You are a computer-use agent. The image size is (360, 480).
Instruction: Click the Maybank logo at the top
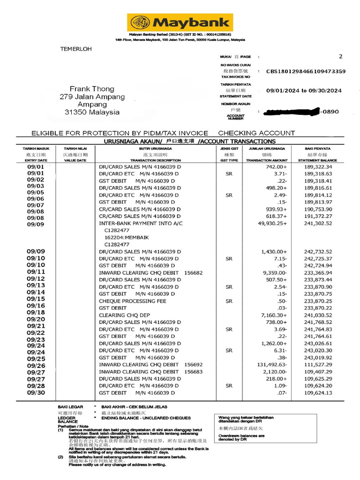tap(180, 22)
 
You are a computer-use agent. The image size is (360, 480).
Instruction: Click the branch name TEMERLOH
tap(76, 49)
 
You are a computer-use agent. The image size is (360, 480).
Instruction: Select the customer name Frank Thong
tap(92, 89)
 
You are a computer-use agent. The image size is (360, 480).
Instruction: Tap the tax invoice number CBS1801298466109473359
tap(306, 71)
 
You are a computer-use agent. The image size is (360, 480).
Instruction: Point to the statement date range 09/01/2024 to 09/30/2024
tap(304, 90)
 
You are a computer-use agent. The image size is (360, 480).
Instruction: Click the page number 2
tap(340, 56)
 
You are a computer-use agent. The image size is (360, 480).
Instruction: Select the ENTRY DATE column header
tap(36, 160)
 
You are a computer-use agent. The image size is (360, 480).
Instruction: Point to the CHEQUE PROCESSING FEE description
tap(133, 301)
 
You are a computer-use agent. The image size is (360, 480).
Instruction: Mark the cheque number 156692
tap(194, 365)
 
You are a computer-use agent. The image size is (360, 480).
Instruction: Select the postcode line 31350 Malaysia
tap(92, 112)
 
